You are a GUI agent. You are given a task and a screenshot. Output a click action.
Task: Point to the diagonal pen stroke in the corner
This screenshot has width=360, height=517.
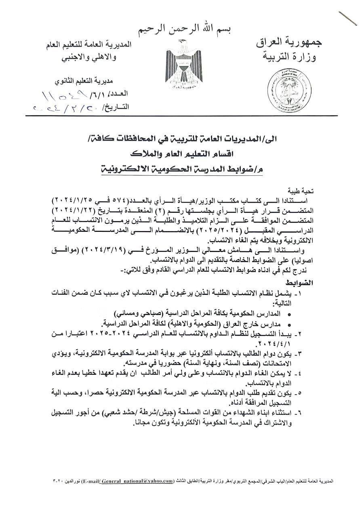point(347,18)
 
